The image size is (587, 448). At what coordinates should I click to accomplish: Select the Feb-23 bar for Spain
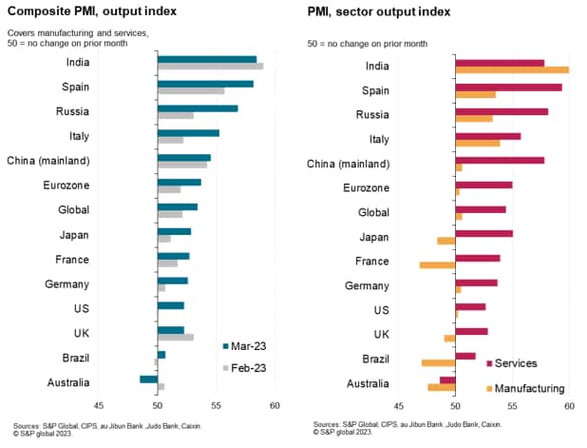pos(191,90)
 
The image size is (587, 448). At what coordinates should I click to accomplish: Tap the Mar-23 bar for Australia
pos(149,379)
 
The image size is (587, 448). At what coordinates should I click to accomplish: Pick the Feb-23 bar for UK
pos(176,337)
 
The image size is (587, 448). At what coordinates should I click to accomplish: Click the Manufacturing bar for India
pos(512,69)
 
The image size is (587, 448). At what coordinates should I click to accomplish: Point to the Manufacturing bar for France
pos(437,264)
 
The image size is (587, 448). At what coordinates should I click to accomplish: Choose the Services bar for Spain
pos(508,88)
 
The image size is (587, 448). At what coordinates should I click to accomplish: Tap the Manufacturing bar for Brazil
pos(438,362)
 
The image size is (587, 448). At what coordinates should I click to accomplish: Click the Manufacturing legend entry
pos(522,388)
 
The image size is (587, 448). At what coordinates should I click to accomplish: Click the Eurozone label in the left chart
pos(66,185)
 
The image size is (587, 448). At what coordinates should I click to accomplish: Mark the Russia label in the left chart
pos(73,111)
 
